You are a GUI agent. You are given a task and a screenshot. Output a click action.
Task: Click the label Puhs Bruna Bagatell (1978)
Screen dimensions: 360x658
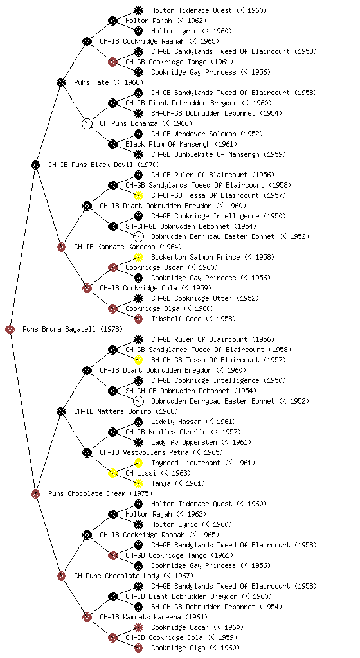coord(73,329)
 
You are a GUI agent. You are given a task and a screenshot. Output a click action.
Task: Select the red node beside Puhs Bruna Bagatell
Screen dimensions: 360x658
coord(10,329)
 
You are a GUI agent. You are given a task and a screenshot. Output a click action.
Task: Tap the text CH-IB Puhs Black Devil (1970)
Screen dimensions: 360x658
coord(104,164)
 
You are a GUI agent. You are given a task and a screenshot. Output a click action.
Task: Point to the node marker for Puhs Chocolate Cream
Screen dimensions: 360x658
coord(35,493)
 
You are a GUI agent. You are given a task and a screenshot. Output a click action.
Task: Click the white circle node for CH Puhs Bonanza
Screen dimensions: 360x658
coord(87,123)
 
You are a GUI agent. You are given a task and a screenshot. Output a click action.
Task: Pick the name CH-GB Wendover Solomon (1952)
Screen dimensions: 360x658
coord(207,134)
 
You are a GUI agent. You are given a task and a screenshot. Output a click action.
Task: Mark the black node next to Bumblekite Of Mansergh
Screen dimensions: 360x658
coord(138,154)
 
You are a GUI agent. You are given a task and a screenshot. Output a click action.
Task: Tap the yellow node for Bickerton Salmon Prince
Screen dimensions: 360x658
coord(138,257)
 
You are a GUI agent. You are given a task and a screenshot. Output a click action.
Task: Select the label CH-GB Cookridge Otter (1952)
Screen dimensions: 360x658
coord(205,298)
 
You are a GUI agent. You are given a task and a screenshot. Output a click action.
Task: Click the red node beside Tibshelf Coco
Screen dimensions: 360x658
coord(138,319)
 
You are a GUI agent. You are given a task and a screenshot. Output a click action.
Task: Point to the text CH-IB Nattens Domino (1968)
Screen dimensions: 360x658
coord(126,411)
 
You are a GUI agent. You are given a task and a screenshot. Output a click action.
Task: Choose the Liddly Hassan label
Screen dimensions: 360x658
coord(176,422)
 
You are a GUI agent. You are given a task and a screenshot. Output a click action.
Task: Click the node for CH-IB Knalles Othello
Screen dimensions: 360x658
coord(113,432)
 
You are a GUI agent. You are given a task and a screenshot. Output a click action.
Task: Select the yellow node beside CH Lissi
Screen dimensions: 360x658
coord(113,473)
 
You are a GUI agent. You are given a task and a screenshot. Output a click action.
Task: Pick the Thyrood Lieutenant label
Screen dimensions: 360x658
coord(185,463)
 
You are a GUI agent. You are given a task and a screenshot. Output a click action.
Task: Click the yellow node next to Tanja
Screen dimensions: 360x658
coord(138,483)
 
